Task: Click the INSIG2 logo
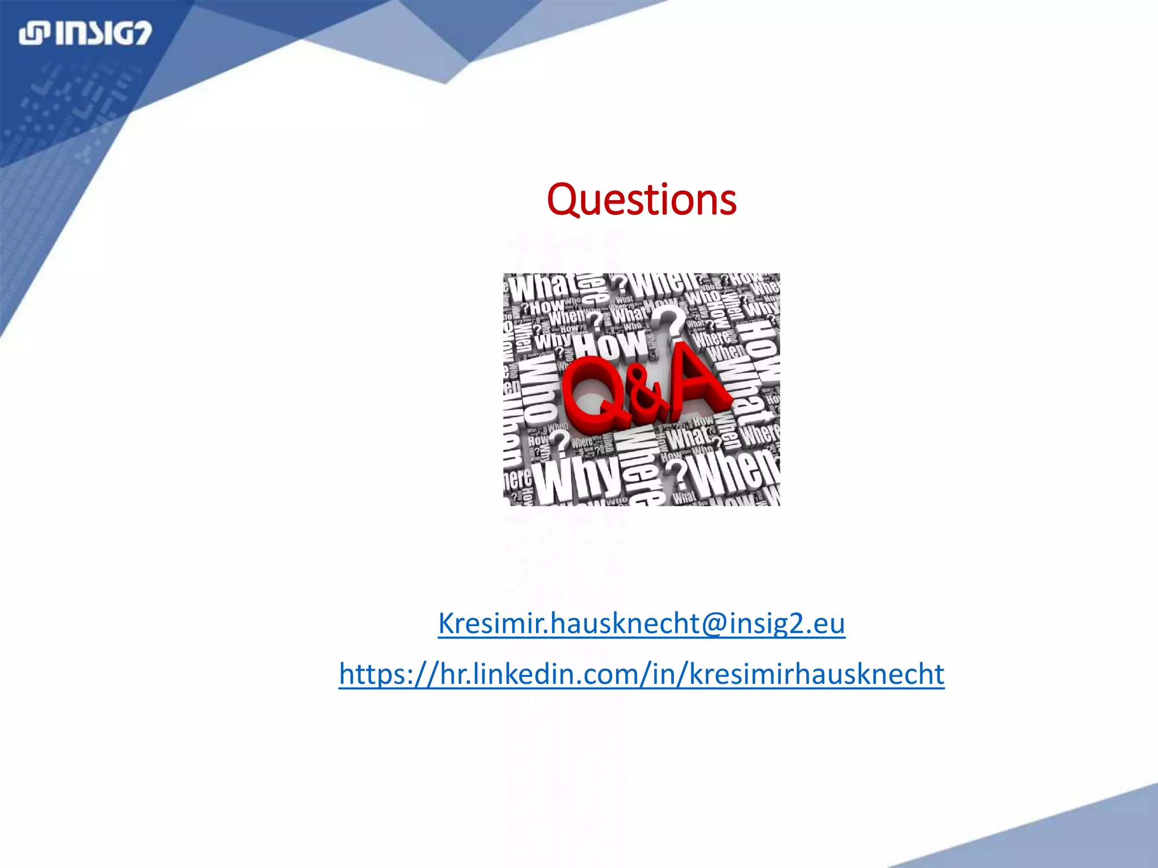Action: (85, 33)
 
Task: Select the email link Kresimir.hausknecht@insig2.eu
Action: (641, 623)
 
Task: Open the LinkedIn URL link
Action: (641, 674)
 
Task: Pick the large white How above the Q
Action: (611, 342)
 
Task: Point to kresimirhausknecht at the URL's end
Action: (816, 674)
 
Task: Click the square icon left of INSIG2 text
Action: (33, 33)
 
